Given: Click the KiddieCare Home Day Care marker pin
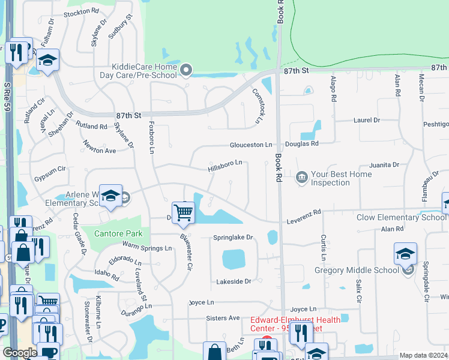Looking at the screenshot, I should point(186,71).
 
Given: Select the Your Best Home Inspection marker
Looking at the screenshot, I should point(301,176).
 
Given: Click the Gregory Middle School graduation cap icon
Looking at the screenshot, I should point(406,254).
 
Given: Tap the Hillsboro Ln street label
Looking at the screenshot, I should point(225,163).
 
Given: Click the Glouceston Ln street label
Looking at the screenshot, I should point(251,145).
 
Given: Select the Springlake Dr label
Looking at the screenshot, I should point(234,238).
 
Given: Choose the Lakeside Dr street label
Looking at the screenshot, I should point(231,281).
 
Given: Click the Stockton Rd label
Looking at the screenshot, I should point(80,11).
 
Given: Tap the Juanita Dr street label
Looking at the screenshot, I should point(384,164).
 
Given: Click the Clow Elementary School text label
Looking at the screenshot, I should point(401,217).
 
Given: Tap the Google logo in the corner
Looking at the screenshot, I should point(19,353).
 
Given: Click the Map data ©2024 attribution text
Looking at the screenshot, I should point(423,355).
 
